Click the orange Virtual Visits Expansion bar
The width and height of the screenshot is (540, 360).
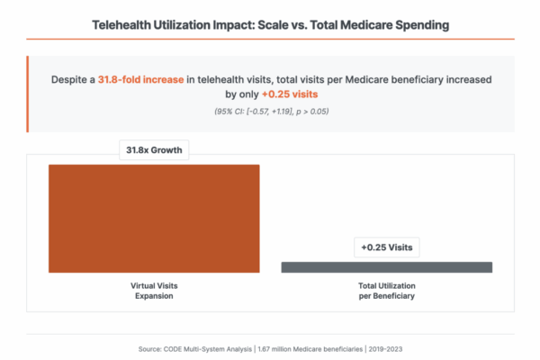(x=154, y=218)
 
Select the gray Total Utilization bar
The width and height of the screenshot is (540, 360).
(x=386, y=267)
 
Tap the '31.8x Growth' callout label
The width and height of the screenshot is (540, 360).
(x=154, y=150)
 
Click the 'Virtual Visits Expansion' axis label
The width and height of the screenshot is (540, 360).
(x=154, y=290)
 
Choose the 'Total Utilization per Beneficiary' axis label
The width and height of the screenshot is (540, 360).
(x=386, y=290)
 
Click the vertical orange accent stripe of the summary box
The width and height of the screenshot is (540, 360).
(x=29, y=94)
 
